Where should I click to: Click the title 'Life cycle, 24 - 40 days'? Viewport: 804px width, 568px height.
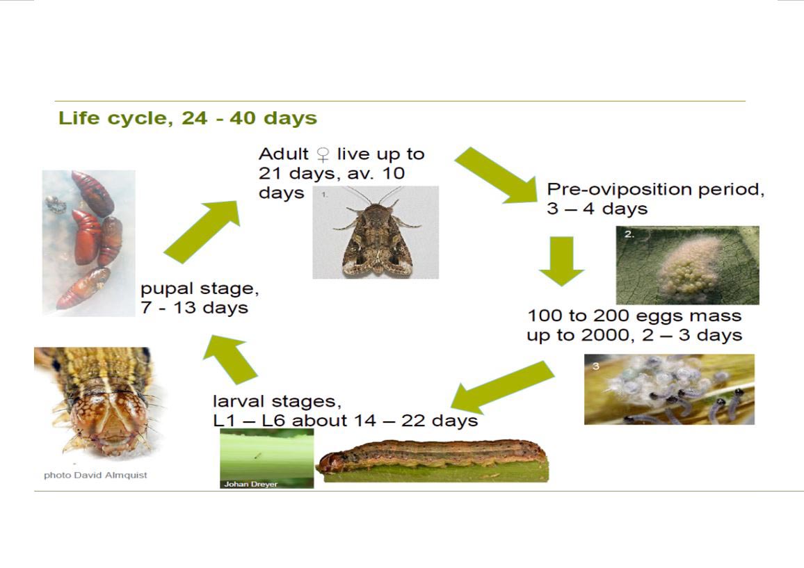pyautogui.click(x=188, y=118)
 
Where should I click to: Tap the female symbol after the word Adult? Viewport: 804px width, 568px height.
pyautogui.click(x=323, y=154)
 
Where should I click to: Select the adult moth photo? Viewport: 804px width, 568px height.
pyautogui.click(x=376, y=232)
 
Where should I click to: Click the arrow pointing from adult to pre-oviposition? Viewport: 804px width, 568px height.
pyautogui.click(x=496, y=175)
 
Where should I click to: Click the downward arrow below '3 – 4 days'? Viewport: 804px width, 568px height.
pyautogui.click(x=561, y=261)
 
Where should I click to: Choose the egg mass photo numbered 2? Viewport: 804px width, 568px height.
pyautogui.click(x=688, y=265)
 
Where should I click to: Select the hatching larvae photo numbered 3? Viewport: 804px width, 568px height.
pyautogui.click(x=669, y=389)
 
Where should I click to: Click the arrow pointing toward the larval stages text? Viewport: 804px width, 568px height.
pyautogui.click(x=502, y=387)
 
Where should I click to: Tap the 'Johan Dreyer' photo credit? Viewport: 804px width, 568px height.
pyautogui.click(x=250, y=484)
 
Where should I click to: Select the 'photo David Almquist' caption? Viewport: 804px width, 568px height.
pyautogui.click(x=95, y=476)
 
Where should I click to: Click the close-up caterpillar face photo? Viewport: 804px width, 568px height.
pyautogui.click(x=99, y=402)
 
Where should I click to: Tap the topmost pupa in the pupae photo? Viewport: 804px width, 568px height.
pyautogui.click(x=93, y=193)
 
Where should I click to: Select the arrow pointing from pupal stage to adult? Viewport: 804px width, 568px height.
pyautogui.click(x=202, y=232)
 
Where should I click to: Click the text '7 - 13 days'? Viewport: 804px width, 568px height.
pyautogui.click(x=194, y=308)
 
